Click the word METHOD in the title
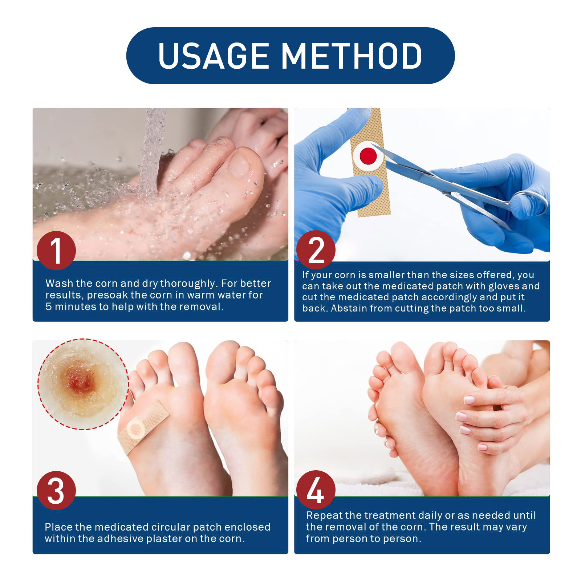point(352,56)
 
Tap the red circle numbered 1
point(56,251)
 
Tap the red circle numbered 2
point(316,250)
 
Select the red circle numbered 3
point(56,491)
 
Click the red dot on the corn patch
point(368,156)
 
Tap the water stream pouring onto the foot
point(153,153)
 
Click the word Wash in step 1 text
point(59,283)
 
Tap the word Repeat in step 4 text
point(324,515)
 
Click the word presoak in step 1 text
point(107,295)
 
